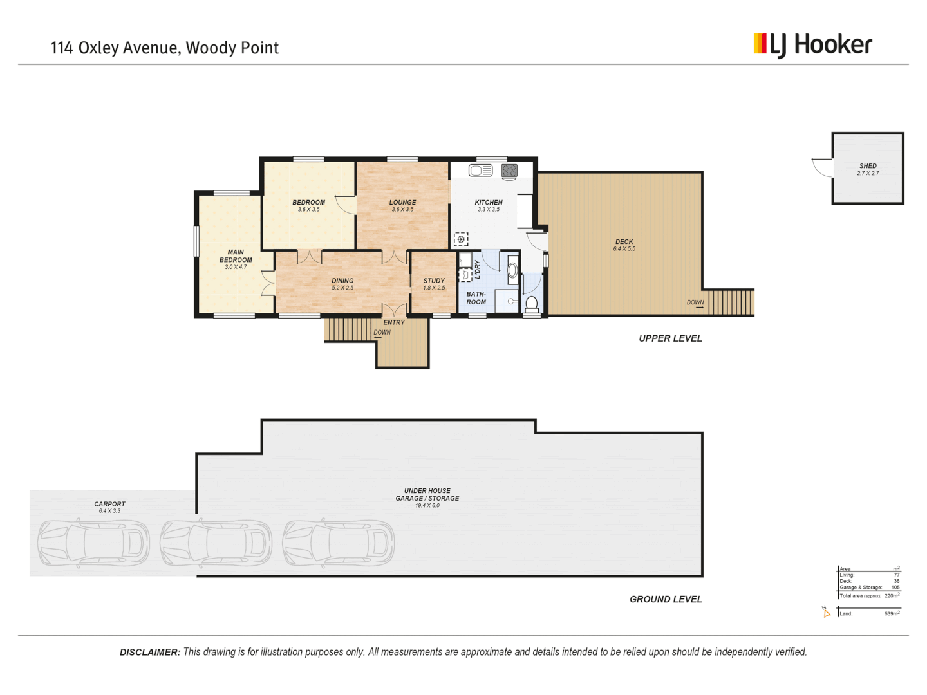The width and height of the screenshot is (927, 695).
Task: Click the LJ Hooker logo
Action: [x=812, y=44]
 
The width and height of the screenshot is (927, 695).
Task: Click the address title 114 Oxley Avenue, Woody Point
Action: [x=164, y=48]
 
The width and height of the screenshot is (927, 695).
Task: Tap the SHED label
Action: [x=868, y=166]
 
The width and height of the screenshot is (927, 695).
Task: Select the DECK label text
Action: [x=624, y=242]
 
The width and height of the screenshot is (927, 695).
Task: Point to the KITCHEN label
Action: [x=489, y=202]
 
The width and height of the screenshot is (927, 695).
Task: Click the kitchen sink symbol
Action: [x=480, y=171]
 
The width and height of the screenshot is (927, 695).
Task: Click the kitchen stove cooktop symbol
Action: [x=509, y=171]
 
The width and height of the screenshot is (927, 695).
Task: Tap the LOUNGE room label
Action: [x=402, y=202]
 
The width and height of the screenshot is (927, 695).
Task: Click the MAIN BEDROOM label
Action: [x=236, y=256]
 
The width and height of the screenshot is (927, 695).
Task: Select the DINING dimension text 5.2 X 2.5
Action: [x=342, y=288]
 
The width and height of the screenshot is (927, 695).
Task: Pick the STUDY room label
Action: [x=434, y=281]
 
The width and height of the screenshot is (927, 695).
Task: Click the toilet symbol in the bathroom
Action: [x=532, y=302]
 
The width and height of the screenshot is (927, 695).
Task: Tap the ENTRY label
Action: [x=394, y=322]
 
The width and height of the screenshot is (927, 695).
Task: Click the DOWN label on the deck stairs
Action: [x=695, y=302]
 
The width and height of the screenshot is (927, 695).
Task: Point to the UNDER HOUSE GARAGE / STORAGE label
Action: [x=427, y=494]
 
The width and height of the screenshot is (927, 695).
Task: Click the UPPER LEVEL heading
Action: [x=670, y=338]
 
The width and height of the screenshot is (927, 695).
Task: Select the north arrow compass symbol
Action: [x=826, y=612]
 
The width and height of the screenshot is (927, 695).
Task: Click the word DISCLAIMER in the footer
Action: [x=149, y=653]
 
